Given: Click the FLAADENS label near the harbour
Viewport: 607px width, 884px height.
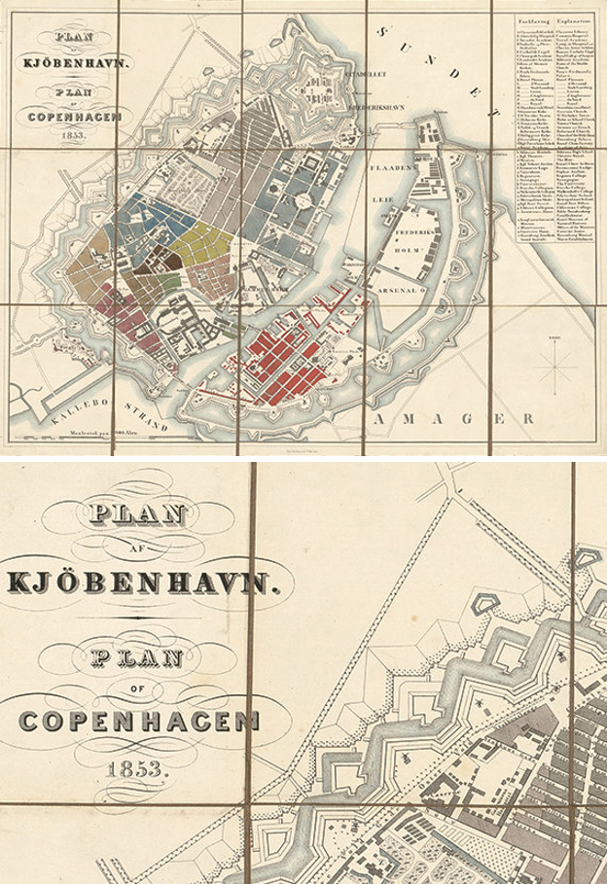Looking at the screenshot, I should tap(396, 169).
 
